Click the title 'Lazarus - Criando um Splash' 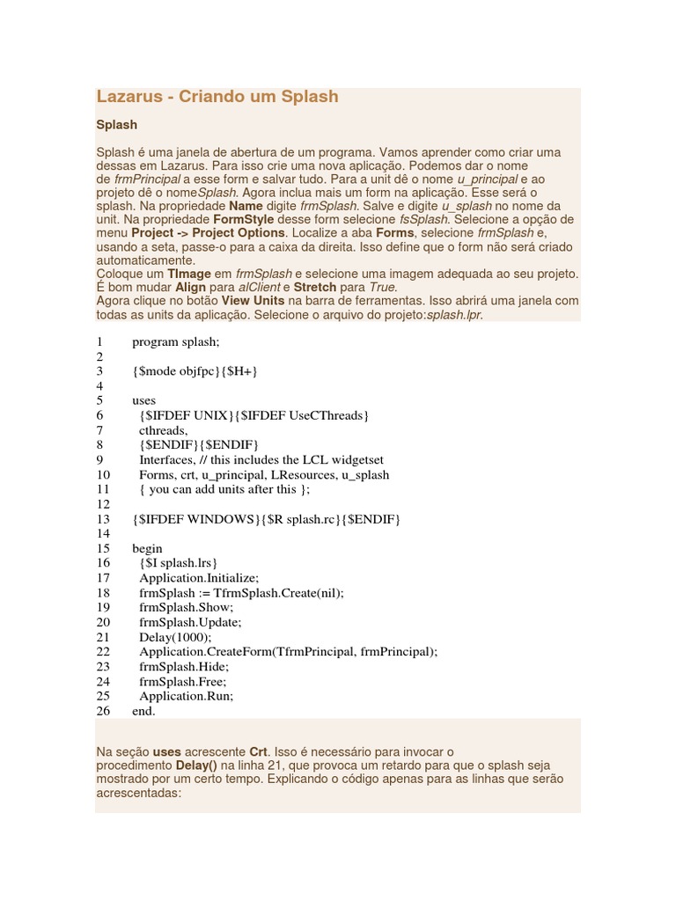217,97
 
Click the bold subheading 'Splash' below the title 116,125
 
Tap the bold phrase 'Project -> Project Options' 209,233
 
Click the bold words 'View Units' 253,301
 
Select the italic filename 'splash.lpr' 454,315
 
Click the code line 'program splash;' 175,341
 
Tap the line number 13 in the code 103,519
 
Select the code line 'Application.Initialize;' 199,578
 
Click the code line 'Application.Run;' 186,696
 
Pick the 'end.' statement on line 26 143,711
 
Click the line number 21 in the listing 103,637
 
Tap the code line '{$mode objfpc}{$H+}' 195,371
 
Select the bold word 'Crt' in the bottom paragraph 258,752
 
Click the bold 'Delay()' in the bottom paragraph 197,766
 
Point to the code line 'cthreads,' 163,430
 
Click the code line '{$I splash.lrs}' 178,563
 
